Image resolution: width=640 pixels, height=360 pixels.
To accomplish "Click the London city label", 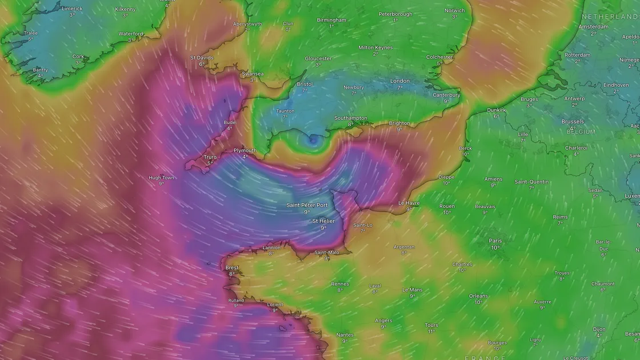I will tap(400, 81).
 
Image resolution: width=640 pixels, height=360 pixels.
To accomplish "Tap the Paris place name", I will tap(495, 241).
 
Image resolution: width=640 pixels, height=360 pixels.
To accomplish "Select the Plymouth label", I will tap(245, 150).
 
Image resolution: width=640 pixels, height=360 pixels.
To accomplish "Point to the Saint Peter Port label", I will tap(307, 205).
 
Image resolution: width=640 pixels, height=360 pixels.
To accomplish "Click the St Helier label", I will tap(323, 221).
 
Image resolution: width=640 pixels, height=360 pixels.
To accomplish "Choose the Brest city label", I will tap(232, 267).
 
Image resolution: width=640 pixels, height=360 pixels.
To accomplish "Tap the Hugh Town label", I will tap(161, 178).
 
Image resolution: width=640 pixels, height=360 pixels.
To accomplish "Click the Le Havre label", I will tap(409, 203).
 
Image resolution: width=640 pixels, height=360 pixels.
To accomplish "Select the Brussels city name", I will tap(573, 122).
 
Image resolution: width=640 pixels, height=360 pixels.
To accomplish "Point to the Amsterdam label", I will tap(593, 27).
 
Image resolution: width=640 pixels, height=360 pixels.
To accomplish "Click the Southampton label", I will tap(350, 118).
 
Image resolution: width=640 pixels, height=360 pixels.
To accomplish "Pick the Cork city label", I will tap(78, 57).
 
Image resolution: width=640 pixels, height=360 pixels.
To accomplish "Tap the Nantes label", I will tap(345, 335).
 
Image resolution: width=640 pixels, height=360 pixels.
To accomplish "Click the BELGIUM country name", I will tap(581, 132).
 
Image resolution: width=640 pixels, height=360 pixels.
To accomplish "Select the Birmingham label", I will tap(331, 20).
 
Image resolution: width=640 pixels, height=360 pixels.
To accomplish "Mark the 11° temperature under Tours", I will tap(431, 331).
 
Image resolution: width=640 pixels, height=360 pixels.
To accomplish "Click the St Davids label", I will tap(201, 58).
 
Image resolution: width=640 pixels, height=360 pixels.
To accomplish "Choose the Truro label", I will tap(210, 157).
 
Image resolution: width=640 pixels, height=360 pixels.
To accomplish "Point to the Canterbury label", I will tap(446, 95).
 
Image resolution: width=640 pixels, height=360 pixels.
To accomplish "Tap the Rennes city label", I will tap(339, 283).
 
